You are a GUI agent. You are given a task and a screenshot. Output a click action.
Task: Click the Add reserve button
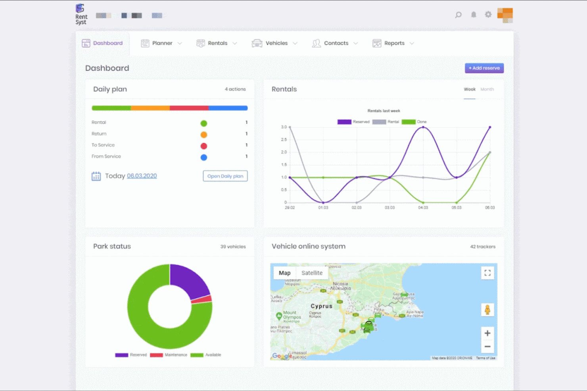[x=484, y=68]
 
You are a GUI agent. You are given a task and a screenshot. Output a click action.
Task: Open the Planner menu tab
[x=162, y=43]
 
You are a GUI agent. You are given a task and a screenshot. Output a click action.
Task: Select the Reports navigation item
[x=393, y=43]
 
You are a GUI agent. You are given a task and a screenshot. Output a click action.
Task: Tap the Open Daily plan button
[x=225, y=176]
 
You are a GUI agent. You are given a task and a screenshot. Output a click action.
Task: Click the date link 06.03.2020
[x=142, y=176]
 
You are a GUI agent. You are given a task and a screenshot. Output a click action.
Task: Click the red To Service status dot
[x=203, y=146]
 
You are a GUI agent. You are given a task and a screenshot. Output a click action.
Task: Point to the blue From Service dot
[x=203, y=157]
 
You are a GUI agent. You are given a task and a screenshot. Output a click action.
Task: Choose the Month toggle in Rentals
[x=487, y=89]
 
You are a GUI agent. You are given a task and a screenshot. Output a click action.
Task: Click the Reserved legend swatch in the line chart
[x=344, y=122]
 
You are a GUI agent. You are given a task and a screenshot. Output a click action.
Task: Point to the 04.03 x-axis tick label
[x=423, y=208]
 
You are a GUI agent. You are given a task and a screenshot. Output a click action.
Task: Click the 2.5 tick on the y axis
[x=284, y=139]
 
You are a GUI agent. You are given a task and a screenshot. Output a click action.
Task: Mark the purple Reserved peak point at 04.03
[x=423, y=127]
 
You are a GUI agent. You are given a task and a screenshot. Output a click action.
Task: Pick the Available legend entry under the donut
[x=206, y=355]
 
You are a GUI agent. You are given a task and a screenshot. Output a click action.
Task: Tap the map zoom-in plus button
[x=487, y=333]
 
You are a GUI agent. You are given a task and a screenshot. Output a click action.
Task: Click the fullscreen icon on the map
[x=487, y=273]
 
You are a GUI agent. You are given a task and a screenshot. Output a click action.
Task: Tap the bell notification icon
[x=474, y=15]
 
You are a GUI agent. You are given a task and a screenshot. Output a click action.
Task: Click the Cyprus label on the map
[x=321, y=306]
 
